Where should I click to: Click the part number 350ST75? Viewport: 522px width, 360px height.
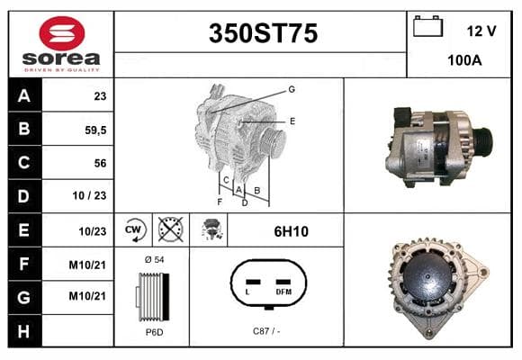[263, 33]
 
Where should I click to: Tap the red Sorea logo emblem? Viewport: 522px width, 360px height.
[62, 33]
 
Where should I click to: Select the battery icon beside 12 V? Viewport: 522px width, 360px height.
[427, 26]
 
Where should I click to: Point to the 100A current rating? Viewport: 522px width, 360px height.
[464, 60]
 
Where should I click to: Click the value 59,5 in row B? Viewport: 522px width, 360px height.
[95, 130]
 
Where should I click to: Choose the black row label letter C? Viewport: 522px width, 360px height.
[23, 163]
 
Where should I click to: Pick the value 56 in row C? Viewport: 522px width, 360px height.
[100, 163]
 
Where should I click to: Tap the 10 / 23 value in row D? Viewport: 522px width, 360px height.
[89, 195]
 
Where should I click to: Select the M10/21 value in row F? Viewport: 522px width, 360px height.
[87, 265]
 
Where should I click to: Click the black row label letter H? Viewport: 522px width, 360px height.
[23, 331]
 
